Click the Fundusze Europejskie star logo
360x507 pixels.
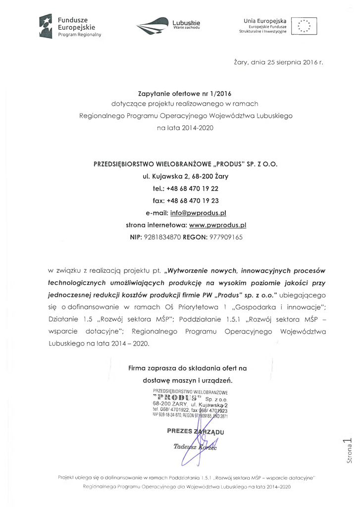click(x=46, y=26)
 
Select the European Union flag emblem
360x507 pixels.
click(x=304, y=26)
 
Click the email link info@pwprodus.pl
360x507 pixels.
click(x=198, y=212)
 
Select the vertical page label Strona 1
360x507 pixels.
click(x=348, y=450)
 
